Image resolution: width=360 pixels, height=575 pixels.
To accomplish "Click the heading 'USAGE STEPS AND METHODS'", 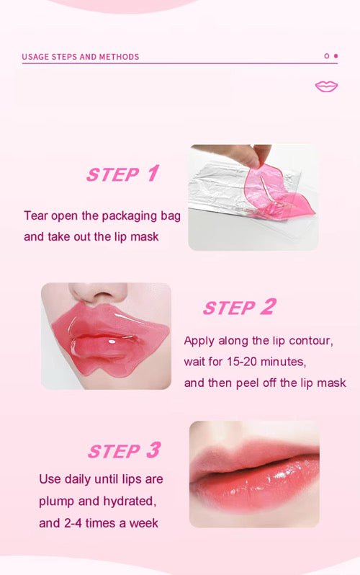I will [x=81, y=56].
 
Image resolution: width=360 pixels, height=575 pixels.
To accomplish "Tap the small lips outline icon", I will [x=326, y=86].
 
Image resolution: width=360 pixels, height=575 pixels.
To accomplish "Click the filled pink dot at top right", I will [x=336, y=55].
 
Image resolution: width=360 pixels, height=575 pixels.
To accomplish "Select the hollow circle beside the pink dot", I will [x=326, y=55].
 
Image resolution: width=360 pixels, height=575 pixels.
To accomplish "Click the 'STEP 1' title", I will [x=122, y=174].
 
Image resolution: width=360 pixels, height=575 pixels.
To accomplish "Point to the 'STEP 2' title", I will [x=239, y=308].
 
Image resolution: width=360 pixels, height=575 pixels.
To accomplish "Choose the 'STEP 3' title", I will [x=124, y=451].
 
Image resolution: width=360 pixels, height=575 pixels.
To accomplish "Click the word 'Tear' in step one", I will [x=37, y=215].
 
